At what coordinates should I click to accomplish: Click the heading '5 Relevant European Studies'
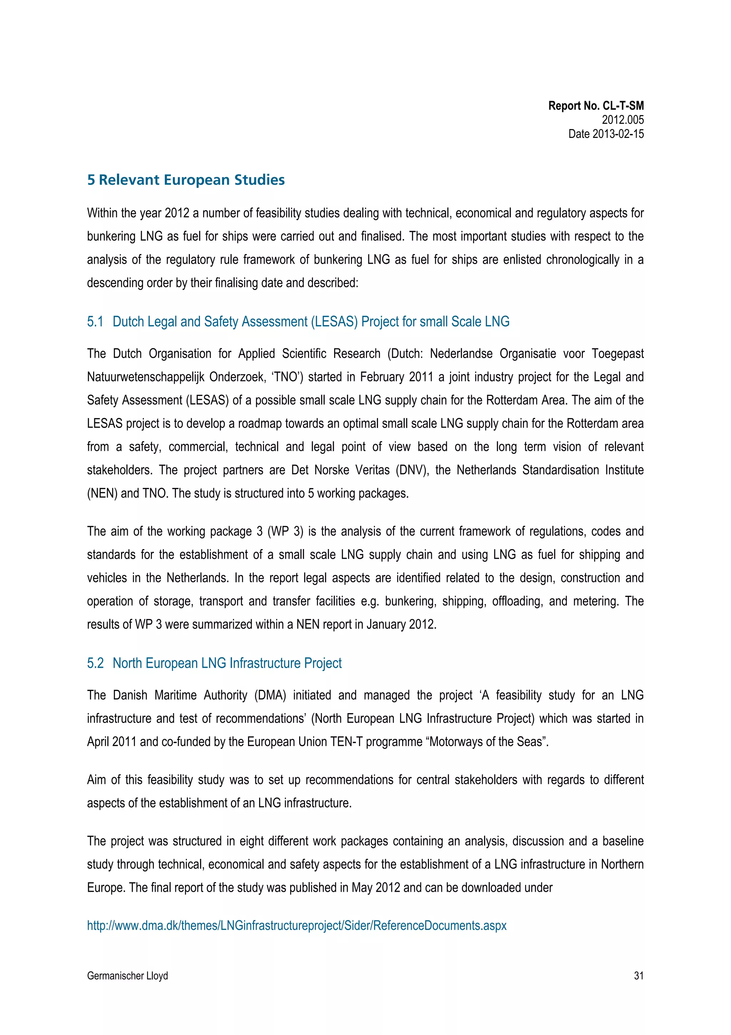click(x=186, y=180)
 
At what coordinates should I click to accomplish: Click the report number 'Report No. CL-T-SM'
click(x=595, y=106)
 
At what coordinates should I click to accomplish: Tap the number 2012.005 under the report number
click(x=622, y=120)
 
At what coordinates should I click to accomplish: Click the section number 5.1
click(x=95, y=322)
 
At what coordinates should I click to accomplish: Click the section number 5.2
click(x=95, y=663)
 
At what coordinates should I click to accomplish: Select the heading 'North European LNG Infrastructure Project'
click(x=227, y=663)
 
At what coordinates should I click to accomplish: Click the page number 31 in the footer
click(x=638, y=975)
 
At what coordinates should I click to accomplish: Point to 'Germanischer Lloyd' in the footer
click(x=127, y=975)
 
